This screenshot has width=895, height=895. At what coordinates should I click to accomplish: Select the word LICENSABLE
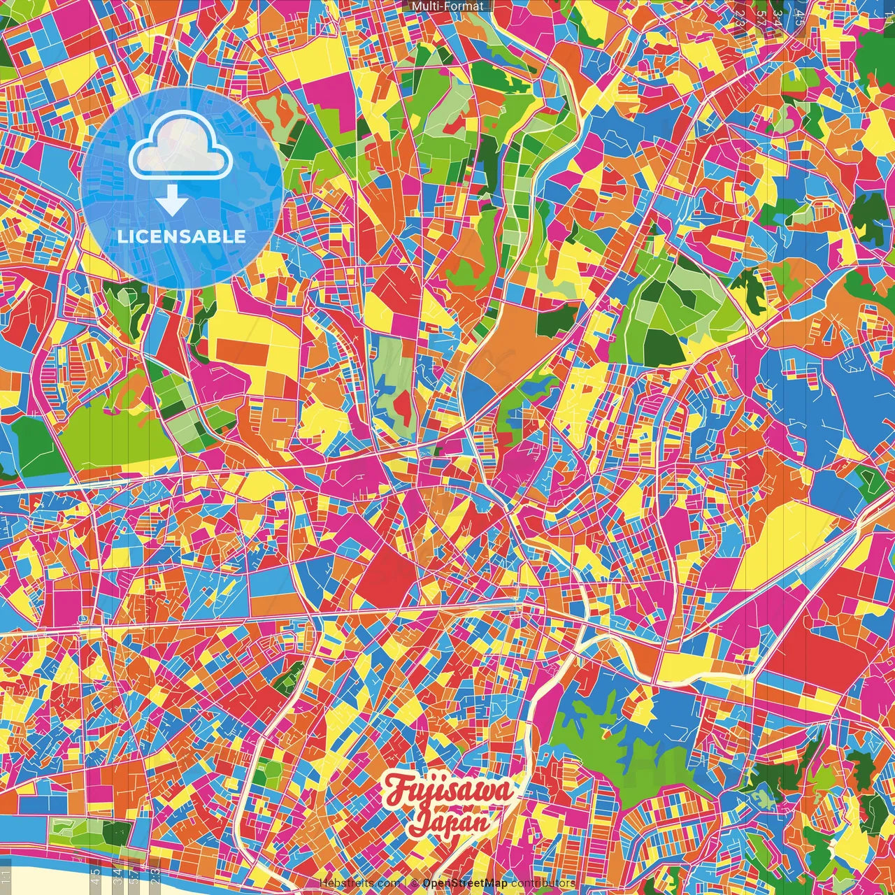tap(181, 236)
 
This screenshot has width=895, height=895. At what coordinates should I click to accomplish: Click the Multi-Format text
tap(447, 6)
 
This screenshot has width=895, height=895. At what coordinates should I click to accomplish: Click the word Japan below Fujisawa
tap(449, 823)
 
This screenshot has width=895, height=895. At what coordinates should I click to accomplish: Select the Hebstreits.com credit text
tap(360, 883)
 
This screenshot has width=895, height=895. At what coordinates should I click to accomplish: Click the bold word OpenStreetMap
tap(465, 883)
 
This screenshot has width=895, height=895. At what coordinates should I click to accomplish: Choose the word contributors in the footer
tap(543, 883)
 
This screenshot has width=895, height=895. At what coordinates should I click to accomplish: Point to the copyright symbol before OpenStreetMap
tap(414, 883)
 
